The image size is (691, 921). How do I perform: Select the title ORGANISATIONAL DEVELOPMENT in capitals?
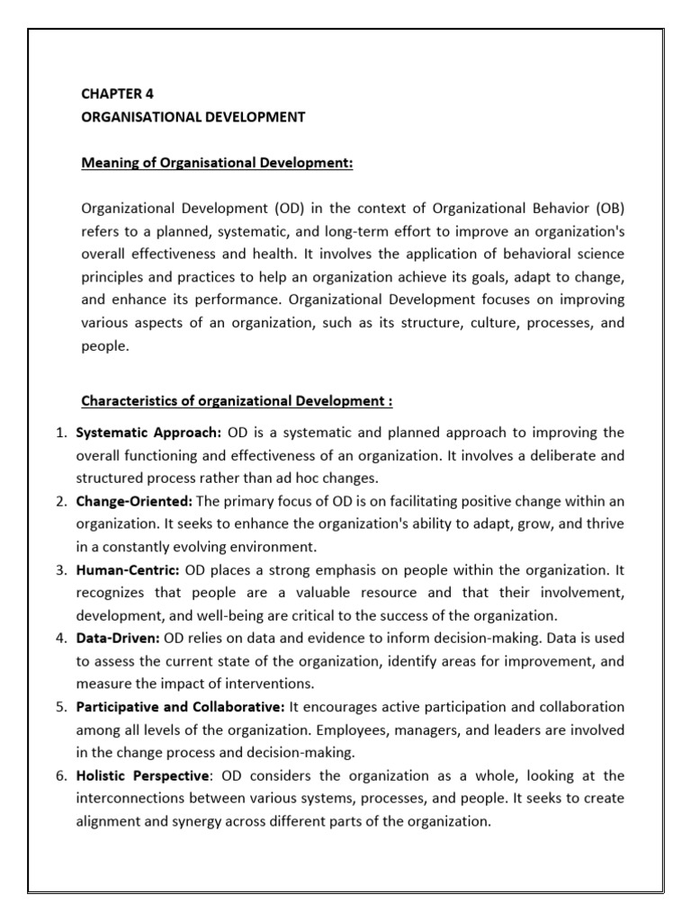pyautogui.click(x=193, y=117)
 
